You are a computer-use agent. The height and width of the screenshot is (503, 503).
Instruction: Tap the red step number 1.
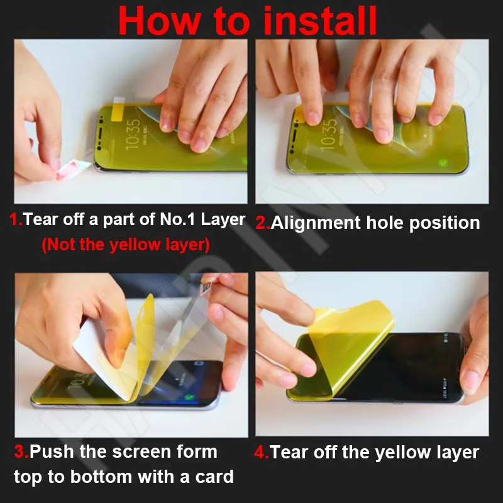pos(15,219)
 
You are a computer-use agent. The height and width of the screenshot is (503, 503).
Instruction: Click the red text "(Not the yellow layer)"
pos(125,245)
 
